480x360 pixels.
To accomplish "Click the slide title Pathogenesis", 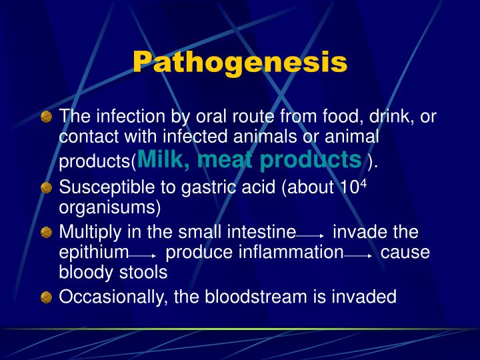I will click(240, 62).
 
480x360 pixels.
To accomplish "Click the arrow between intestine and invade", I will click(310, 235).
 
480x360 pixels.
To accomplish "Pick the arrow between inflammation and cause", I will click(358, 255).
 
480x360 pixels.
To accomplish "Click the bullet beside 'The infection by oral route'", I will click(46, 118).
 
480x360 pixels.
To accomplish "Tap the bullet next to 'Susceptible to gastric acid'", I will click(46, 188).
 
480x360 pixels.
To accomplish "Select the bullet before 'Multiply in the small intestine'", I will click(46, 233).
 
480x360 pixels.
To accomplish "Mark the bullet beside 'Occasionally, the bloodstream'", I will click(46, 297).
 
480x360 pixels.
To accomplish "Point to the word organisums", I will click(110, 207).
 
